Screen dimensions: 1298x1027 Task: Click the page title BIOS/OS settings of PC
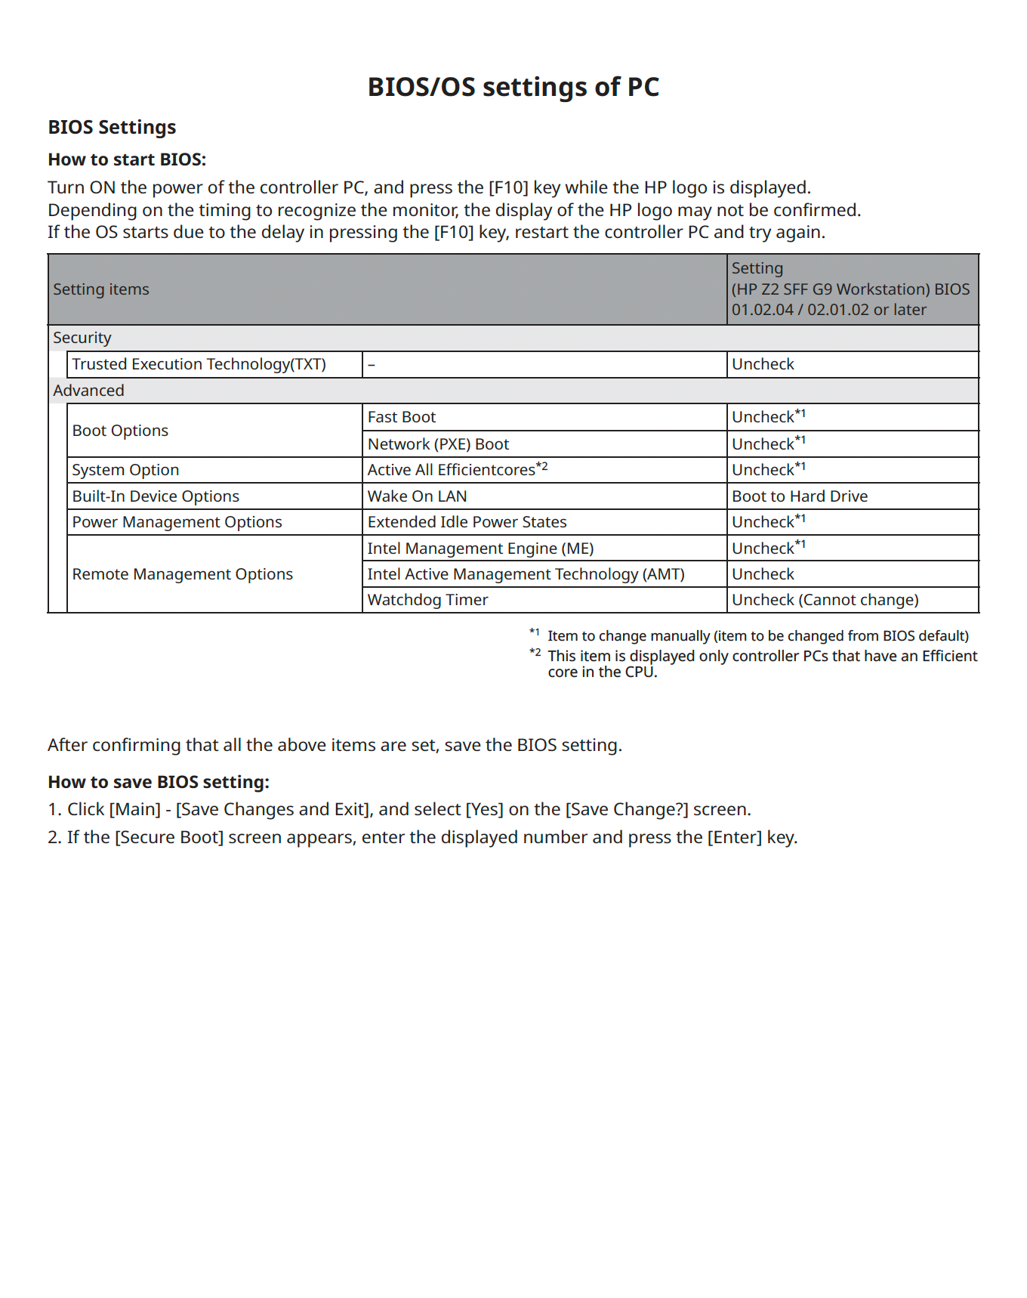pyautogui.click(x=513, y=87)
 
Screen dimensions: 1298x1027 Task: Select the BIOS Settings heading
pyautogui.click(x=112, y=127)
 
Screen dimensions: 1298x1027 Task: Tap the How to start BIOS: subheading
pyautogui.click(x=127, y=159)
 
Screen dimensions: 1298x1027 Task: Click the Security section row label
pyautogui.click(x=82, y=338)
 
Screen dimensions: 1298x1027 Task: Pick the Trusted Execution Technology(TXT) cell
pyautogui.click(x=199, y=364)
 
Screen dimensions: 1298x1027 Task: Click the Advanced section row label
pyautogui.click(x=88, y=391)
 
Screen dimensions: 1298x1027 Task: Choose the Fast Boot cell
pyautogui.click(x=402, y=417)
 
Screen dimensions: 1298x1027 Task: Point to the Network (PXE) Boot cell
pyautogui.click(x=438, y=444)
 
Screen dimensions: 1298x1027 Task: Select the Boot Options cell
pyautogui.click(x=120, y=431)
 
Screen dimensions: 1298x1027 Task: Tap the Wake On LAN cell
pyautogui.click(x=417, y=496)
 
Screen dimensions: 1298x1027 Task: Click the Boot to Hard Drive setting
pyautogui.click(x=800, y=496)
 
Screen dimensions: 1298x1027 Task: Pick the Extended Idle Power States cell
pyautogui.click(x=467, y=522)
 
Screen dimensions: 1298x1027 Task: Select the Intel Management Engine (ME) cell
pyautogui.click(x=480, y=549)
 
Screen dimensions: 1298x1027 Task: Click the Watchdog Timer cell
pyautogui.click(x=427, y=600)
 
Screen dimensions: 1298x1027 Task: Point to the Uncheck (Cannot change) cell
pyautogui.click(x=825, y=600)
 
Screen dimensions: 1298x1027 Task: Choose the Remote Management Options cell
pyautogui.click(x=182, y=574)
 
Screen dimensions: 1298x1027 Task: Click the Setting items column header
pyautogui.click(x=101, y=289)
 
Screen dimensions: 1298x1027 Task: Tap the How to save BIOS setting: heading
pyautogui.click(x=159, y=782)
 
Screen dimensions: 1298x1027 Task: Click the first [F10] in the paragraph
pyautogui.click(x=508, y=187)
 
